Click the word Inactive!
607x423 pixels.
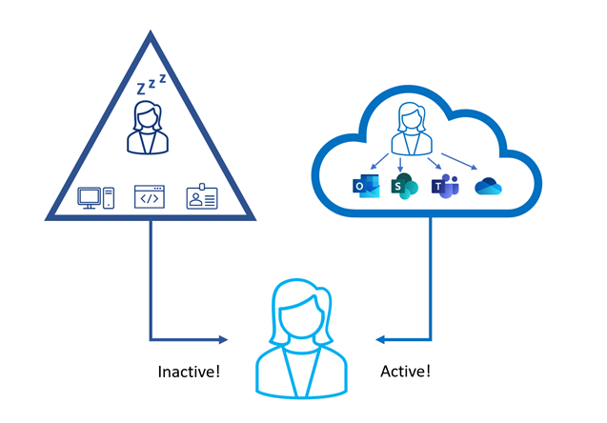click(x=189, y=371)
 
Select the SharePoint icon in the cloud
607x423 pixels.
click(x=404, y=186)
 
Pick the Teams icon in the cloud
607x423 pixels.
click(x=445, y=186)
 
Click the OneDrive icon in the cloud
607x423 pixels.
click(x=488, y=187)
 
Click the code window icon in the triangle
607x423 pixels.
click(x=149, y=197)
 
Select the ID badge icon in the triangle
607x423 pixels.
click(x=202, y=197)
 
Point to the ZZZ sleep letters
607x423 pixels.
click(x=152, y=85)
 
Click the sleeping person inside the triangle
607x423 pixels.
click(x=148, y=129)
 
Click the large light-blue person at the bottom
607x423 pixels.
click(x=304, y=338)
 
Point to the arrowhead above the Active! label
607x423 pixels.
click(x=380, y=339)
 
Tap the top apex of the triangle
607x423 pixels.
click(x=151, y=36)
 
